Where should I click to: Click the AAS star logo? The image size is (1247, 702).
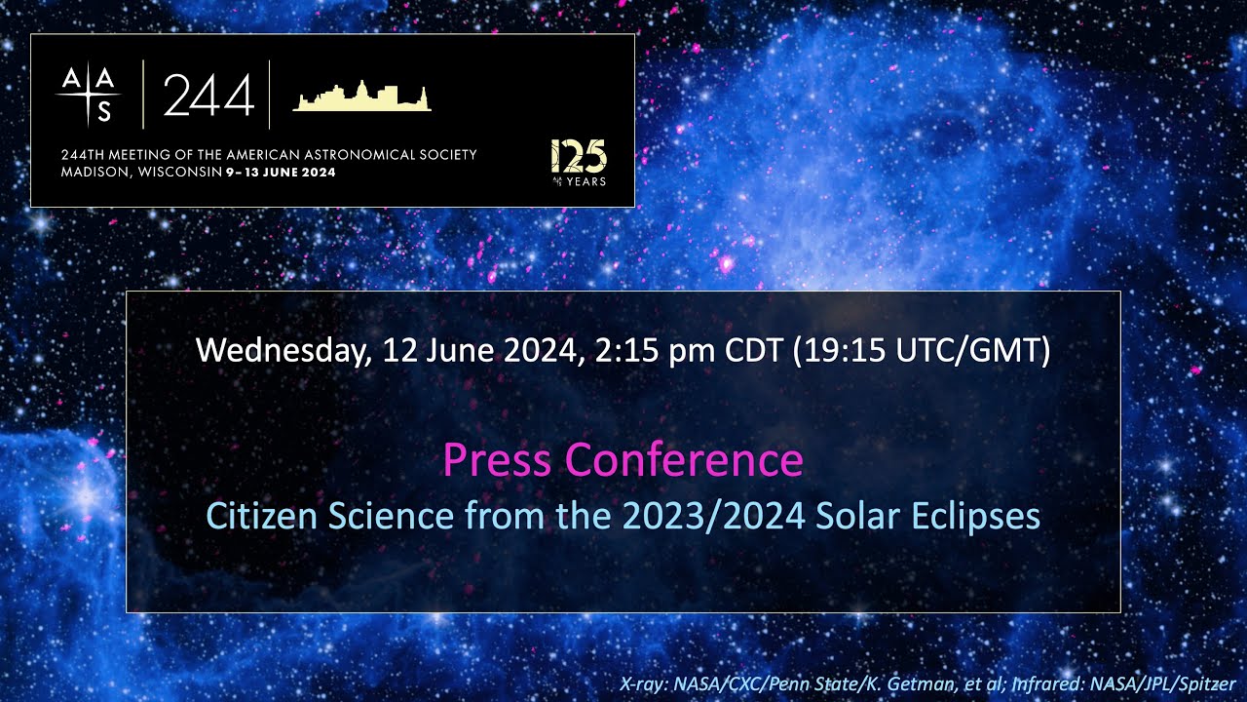point(89,94)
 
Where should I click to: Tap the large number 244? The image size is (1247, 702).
point(208,96)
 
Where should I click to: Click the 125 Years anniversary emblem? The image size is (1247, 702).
point(579,162)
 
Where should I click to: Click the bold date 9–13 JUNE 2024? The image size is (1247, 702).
point(281,173)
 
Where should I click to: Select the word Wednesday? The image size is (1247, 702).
point(283,350)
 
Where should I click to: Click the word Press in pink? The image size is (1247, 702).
point(497,459)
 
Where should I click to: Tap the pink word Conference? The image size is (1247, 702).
point(684,459)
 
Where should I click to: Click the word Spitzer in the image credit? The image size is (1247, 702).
point(1211,684)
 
